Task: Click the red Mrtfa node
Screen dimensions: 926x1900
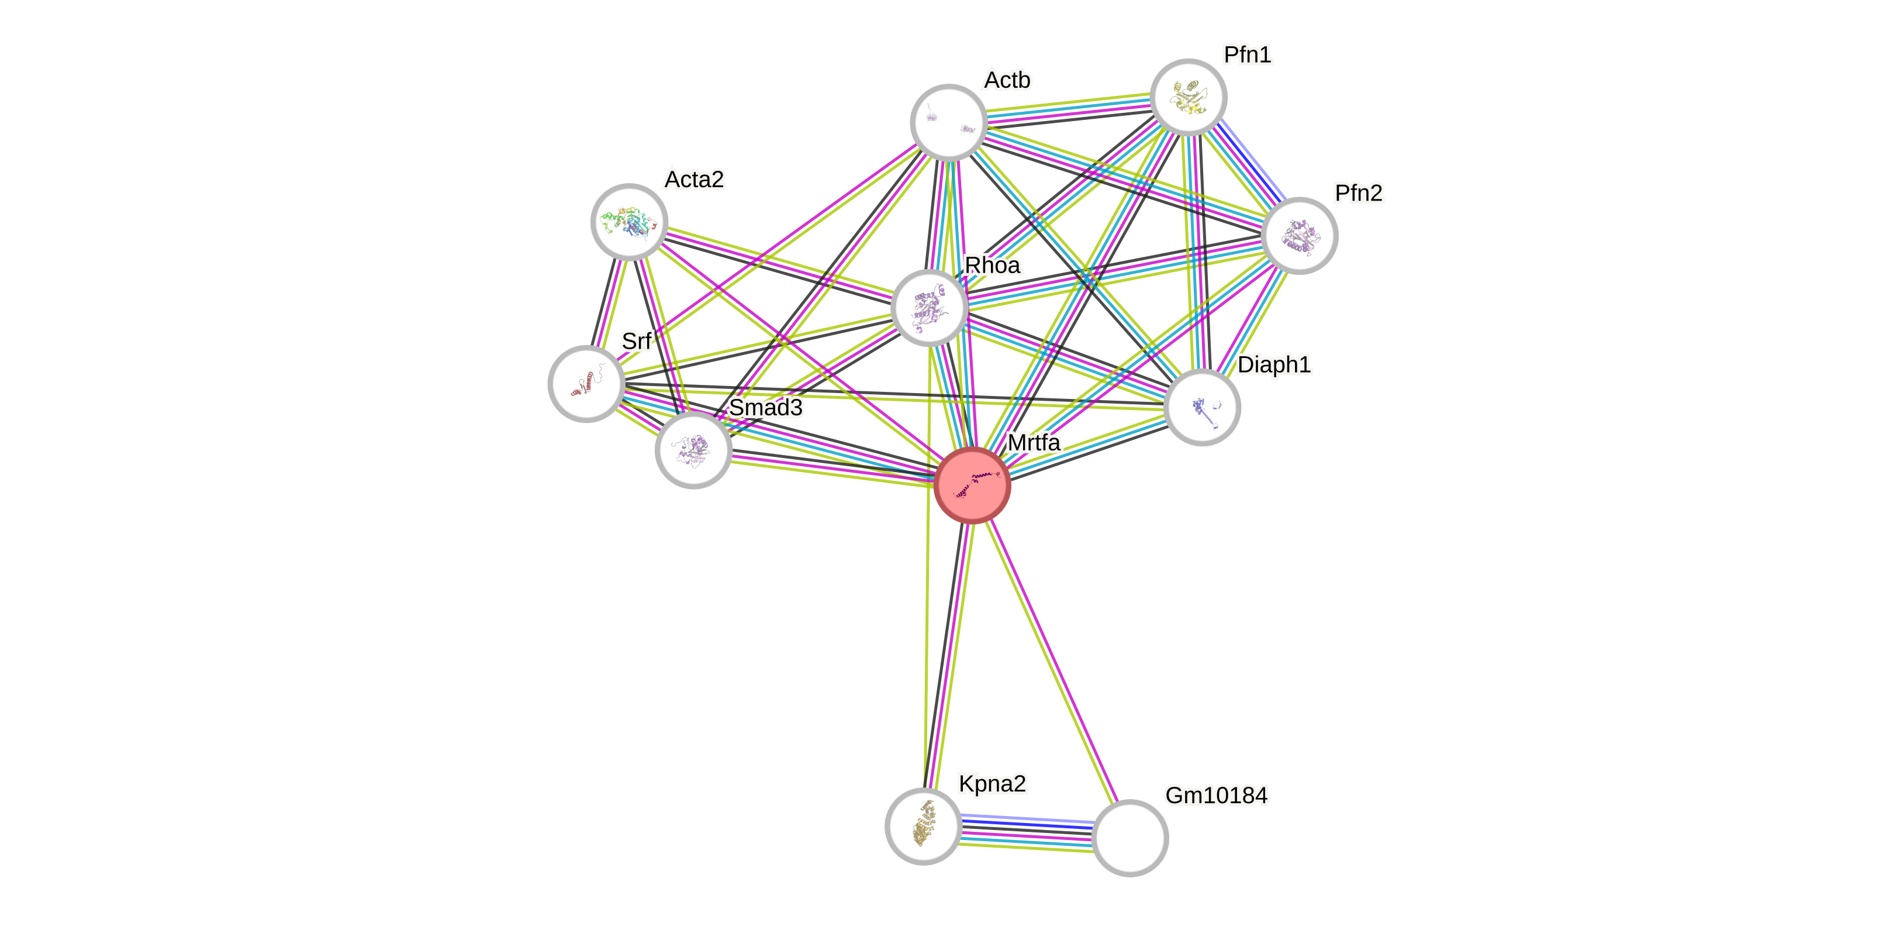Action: tap(972, 485)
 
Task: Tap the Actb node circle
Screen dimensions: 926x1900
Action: tap(948, 122)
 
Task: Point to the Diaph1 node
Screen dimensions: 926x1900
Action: tap(1201, 407)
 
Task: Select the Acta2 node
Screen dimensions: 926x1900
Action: tap(629, 221)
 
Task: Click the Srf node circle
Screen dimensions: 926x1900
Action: tap(586, 383)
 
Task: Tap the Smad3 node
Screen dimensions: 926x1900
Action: tap(693, 449)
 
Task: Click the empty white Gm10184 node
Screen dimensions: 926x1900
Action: tap(1129, 838)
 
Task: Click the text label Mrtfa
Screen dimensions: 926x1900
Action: tap(1034, 442)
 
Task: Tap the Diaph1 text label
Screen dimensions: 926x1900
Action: tap(1274, 364)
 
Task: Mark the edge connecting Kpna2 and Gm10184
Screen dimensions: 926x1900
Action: tap(1026, 832)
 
